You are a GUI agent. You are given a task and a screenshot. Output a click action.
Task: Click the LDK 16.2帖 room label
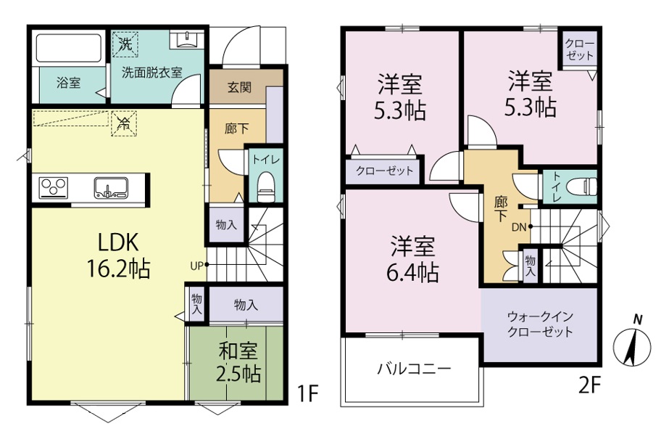[118, 255]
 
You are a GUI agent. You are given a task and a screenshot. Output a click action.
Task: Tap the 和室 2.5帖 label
[238, 363]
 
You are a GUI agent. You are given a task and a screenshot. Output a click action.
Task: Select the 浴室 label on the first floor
[68, 83]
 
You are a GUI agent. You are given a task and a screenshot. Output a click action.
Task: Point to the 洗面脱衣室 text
[152, 73]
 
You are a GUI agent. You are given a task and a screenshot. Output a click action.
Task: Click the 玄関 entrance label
[239, 88]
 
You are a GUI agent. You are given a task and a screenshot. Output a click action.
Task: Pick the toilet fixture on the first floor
[266, 187]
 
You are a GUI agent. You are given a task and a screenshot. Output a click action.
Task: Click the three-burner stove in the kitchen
[54, 187]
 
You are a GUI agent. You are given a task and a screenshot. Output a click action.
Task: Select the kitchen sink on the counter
[110, 187]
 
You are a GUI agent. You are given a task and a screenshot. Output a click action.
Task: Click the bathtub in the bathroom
[68, 48]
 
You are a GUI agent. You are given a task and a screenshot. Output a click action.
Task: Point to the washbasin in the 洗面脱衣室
[186, 40]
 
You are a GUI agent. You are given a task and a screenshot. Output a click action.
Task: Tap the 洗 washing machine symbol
[125, 44]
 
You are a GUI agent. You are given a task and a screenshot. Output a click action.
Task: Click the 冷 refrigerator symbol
[124, 124]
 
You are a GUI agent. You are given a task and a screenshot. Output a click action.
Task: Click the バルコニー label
[414, 369]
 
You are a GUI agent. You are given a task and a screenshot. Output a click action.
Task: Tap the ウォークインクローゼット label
[540, 324]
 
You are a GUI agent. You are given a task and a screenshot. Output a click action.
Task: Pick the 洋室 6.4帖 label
[412, 260]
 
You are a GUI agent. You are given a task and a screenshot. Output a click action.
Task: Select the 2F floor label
[590, 386]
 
